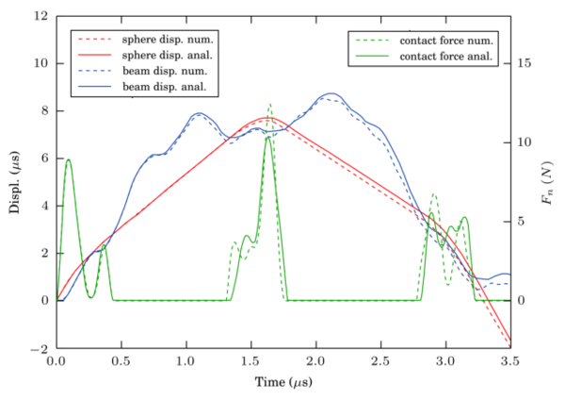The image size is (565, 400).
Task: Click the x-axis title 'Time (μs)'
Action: point(282,383)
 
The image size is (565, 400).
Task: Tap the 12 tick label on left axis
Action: point(42,17)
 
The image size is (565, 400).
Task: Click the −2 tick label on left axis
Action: point(40,348)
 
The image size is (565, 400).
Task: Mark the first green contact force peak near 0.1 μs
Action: point(68,159)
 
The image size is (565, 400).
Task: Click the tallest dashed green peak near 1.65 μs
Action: point(269,104)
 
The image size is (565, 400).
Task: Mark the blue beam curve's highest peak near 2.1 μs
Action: point(330,93)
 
